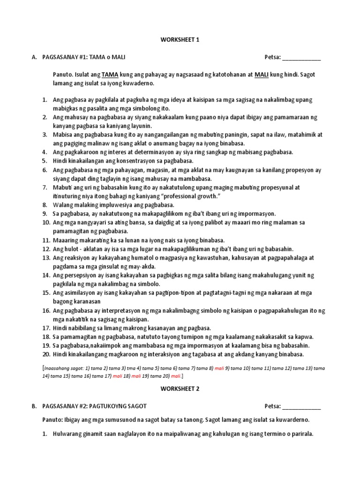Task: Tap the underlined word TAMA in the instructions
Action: pyautogui.click(x=110, y=75)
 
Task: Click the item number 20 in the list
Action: pyautogui.click(x=46, y=354)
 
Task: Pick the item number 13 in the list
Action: pyautogui.click(x=46, y=258)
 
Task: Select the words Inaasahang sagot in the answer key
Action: pyautogui.click(x=63, y=368)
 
